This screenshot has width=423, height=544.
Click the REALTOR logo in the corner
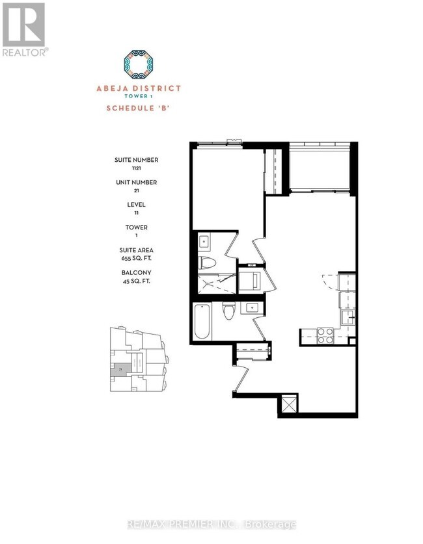point(23,29)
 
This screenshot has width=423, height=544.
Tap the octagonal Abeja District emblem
point(143,62)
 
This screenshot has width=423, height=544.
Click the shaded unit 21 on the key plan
point(120,369)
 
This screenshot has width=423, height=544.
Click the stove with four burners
point(325,335)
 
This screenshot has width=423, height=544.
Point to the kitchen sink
point(348,317)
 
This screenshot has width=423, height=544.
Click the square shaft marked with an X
point(287,407)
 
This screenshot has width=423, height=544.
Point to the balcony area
point(320,168)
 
